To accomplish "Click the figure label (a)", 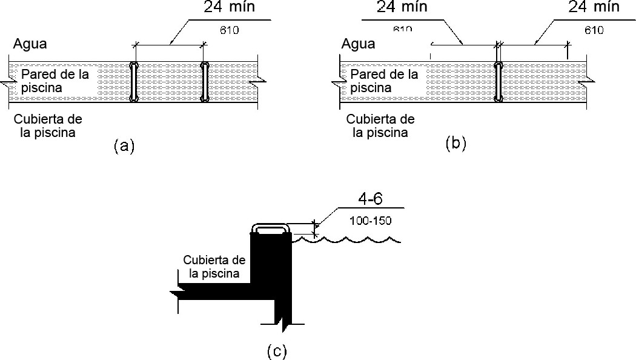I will (124, 146).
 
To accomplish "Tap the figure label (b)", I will (455, 144).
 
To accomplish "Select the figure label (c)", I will (277, 351).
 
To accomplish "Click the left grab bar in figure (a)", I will (134, 81).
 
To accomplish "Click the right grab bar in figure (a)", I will (205, 81).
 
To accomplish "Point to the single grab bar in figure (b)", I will (499, 81).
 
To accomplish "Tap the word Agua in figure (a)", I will (30, 44).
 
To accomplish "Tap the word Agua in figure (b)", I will (358, 44).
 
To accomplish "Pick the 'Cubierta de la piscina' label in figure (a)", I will (48, 125).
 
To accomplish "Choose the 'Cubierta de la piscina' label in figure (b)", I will (380, 125).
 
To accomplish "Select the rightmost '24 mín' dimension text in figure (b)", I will (594, 7).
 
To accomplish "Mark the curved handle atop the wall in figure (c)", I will (270, 227).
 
